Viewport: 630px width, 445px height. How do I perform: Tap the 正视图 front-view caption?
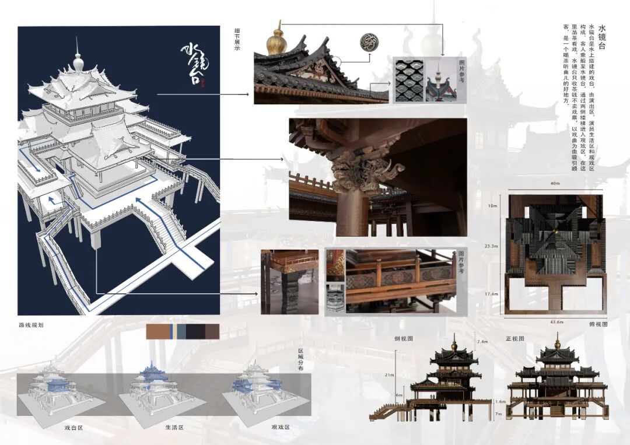click(x=515, y=339)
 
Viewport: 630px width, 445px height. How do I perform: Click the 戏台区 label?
click(x=74, y=428)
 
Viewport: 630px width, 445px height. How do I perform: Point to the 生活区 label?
click(x=174, y=428)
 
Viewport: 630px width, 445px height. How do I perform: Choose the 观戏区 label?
click(x=281, y=428)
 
